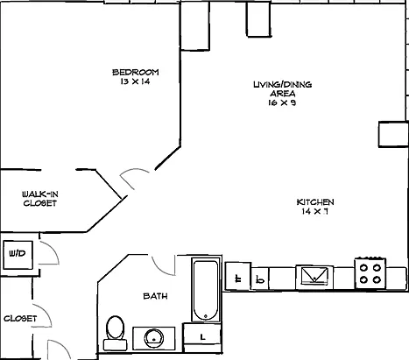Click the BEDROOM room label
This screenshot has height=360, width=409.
point(136,72)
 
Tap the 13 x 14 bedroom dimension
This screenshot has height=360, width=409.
point(135,81)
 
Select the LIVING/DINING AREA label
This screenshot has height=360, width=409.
point(283,89)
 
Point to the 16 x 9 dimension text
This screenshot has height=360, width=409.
point(282,102)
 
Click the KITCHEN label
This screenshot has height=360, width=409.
point(315,202)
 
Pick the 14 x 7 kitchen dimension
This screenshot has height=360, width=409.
point(315,211)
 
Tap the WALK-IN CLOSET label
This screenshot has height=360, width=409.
point(40,199)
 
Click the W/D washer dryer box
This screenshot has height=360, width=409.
point(18,255)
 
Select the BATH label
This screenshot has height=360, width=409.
point(155,296)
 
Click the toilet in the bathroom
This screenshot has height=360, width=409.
point(116,333)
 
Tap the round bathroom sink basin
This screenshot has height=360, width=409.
point(154,339)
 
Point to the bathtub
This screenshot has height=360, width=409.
point(206,290)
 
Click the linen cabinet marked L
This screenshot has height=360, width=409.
point(202,337)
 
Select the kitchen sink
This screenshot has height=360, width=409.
point(314,276)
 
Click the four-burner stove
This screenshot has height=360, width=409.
point(370,273)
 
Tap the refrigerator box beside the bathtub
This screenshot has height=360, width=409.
point(238,276)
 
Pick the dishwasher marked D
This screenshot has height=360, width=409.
point(260,279)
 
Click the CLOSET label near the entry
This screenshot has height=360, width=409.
point(20,318)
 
